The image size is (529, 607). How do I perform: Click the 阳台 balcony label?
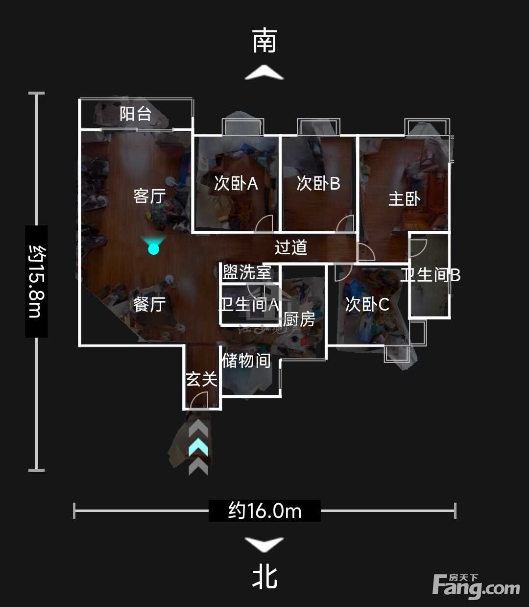click(x=136, y=114)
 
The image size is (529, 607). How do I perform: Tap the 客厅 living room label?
click(x=149, y=196)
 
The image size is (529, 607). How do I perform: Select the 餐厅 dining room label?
click(x=149, y=304)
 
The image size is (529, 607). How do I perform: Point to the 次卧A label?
click(x=236, y=183)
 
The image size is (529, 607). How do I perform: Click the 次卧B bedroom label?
click(x=318, y=183)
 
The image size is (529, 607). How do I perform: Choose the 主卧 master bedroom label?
click(x=405, y=199)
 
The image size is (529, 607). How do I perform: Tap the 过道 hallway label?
click(x=291, y=247)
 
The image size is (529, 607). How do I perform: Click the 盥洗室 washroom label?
click(x=247, y=272)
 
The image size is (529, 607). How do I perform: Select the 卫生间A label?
click(x=249, y=304)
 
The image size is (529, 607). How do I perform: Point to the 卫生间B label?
click(x=430, y=275)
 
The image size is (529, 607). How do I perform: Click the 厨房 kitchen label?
click(x=299, y=319)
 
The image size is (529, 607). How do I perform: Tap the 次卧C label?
click(x=367, y=304)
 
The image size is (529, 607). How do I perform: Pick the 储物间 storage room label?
click(x=246, y=361)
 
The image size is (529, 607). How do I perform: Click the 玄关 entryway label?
click(x=202, y=379)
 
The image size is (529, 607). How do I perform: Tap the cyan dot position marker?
click(x=154, y=249)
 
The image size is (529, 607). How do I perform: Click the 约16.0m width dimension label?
click(x=265, y=511)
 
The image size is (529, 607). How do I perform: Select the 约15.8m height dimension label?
click(x=37, y=282)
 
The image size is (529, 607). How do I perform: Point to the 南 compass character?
click(x=264, y=40)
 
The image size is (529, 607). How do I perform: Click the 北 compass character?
click(x=264, y=579)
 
